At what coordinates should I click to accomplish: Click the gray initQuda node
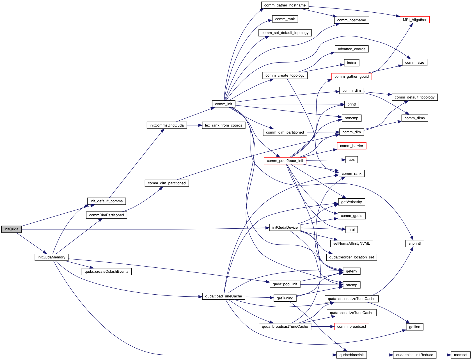[11, 229]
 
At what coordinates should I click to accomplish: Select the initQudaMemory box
[51, 257]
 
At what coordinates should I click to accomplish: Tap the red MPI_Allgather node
[414, 20]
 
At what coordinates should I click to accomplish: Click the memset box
[460, 355]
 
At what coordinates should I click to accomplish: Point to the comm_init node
[223, 104]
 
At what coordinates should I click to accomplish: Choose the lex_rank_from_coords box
[223, 125]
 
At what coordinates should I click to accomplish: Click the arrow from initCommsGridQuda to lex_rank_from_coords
[194, 125]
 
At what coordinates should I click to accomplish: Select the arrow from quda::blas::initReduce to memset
[443, 355]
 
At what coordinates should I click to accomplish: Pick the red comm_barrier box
[351, 146]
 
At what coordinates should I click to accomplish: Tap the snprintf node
[414, 244]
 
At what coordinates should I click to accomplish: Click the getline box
[414, 327]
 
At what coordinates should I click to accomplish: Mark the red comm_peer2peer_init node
[285, 161]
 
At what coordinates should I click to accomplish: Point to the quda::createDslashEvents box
[106, 272]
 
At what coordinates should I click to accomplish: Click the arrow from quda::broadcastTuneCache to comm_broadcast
[322, 327]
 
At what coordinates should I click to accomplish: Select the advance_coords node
[351, 49]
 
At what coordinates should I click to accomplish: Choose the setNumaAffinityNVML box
[351, 244]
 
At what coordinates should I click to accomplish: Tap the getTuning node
[285, 298]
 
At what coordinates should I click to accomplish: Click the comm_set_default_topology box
[285, 33]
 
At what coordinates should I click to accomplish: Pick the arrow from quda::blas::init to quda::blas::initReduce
[380, 355]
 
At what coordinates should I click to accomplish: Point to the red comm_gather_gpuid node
[351, 77]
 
